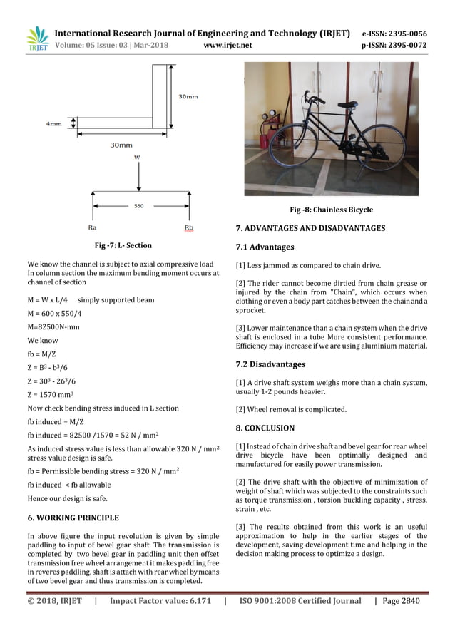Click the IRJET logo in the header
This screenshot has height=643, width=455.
coord(37,40)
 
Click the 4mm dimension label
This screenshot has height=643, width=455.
coord(53,123)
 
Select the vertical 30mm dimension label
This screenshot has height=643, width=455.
coord(188,96)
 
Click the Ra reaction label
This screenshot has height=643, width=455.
coord(92,228)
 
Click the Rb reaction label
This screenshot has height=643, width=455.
coord(189,228)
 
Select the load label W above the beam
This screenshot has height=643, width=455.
coord(137,158)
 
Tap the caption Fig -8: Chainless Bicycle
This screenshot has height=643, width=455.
coord(331,210)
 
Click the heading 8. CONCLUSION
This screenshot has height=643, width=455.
coord(265,428)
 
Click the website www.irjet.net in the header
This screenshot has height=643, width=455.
coord(227,46)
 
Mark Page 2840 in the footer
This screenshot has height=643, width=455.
coord(402,601)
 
